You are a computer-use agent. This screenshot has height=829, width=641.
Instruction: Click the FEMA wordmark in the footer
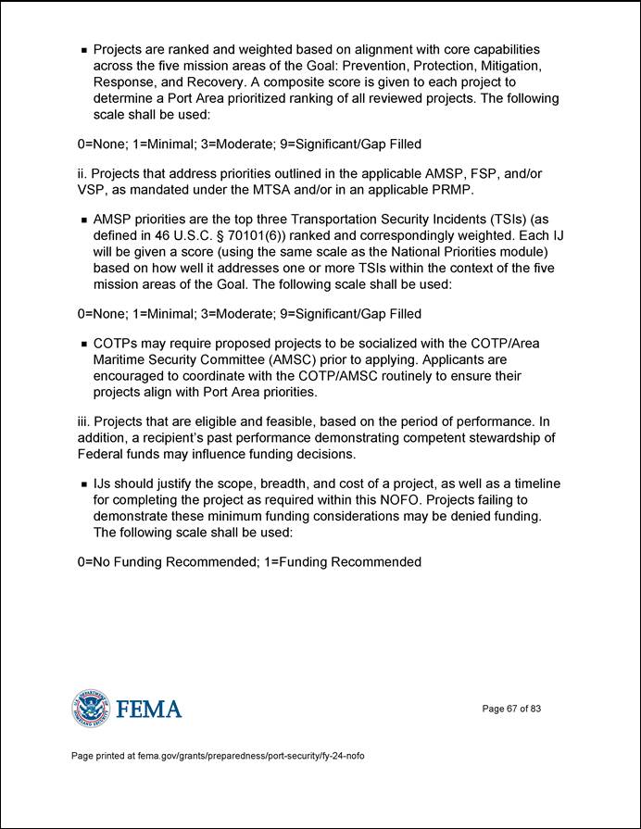[x=149, y=710]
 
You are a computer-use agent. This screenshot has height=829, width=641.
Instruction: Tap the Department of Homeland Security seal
[x=90, y=709]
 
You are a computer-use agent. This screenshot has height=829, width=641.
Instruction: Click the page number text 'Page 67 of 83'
[x=511, y=709]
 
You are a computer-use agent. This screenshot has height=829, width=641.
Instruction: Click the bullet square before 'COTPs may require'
[x=84, y=344]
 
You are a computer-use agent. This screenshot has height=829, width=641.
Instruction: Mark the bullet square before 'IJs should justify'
[x=84, y=484]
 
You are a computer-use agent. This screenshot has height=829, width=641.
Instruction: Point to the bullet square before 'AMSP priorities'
[x=84, y=220]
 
